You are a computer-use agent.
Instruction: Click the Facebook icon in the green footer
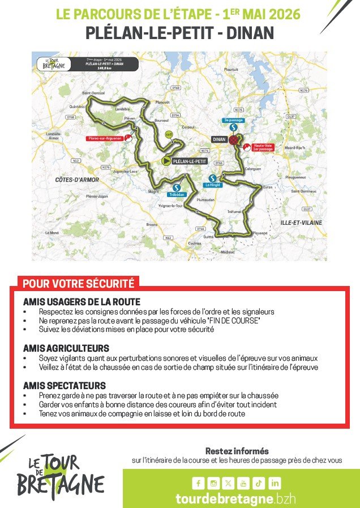198,483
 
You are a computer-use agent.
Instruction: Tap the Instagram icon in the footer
213,483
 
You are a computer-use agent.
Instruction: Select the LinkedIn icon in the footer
275,483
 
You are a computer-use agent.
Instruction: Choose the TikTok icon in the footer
259,483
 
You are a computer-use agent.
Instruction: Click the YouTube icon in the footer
244,483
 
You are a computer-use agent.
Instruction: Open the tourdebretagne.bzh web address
236,499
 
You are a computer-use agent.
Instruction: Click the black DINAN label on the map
219,138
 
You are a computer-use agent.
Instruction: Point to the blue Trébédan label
175,194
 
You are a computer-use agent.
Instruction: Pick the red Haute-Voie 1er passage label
263,146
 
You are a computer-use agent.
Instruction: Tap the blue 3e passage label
233,120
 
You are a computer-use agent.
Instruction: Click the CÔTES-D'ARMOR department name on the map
77,180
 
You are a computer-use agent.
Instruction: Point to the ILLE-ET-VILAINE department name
302,223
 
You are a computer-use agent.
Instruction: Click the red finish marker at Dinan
232,138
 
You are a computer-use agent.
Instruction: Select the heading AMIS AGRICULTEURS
66,347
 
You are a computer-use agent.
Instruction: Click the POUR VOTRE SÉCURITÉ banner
78,283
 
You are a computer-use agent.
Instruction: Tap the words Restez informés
237,451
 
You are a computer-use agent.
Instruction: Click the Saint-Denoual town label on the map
94,92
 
